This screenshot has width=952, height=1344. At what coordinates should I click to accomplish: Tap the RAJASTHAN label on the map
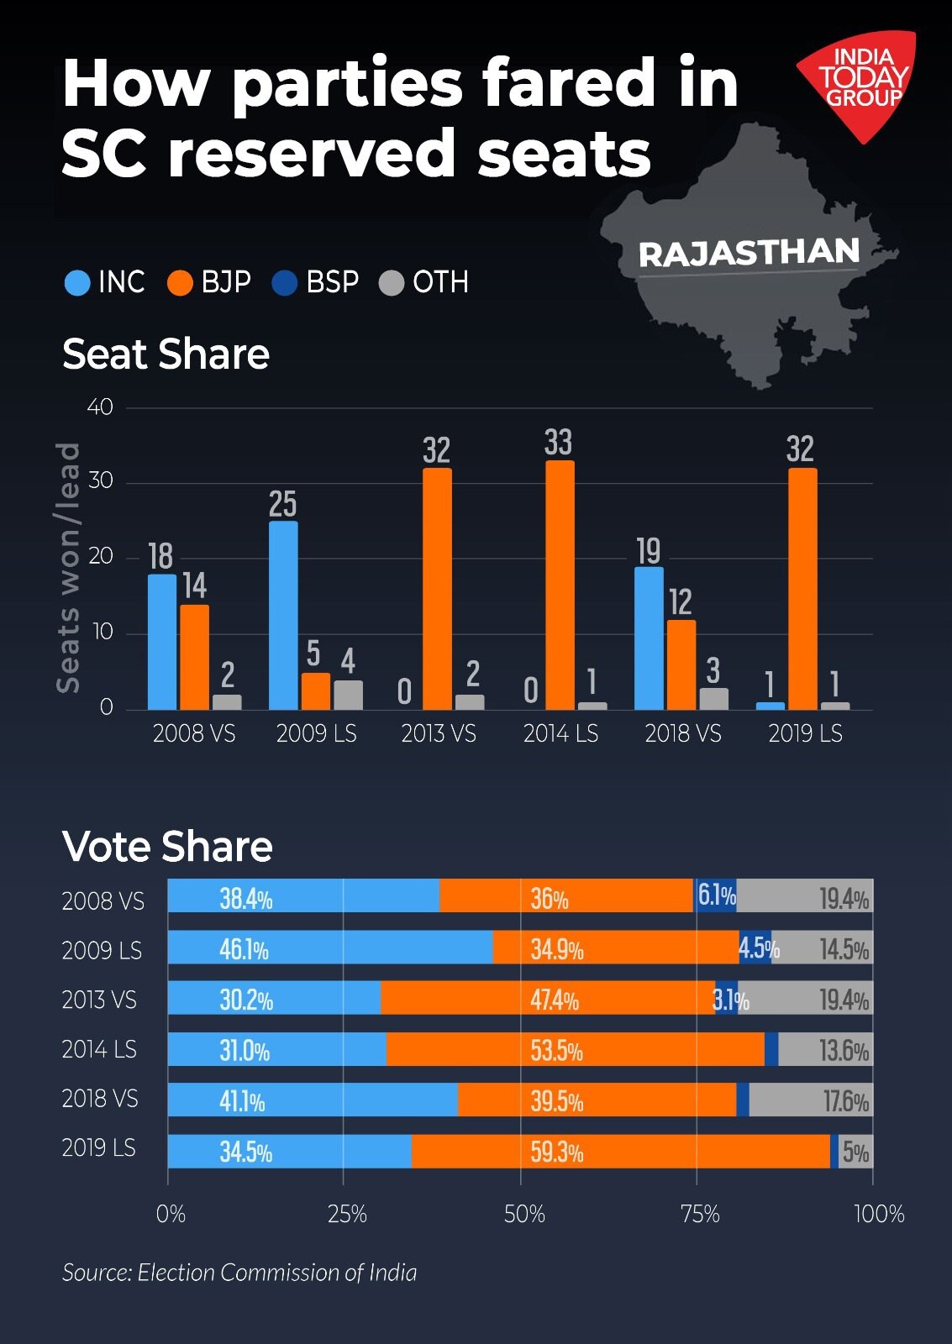click(x=749, y=253)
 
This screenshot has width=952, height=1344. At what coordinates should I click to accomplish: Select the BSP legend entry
click(x=317, y=282)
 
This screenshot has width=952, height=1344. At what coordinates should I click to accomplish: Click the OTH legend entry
click(x=424, y=282)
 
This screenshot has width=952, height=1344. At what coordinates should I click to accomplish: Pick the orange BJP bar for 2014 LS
click(x=560, y=585)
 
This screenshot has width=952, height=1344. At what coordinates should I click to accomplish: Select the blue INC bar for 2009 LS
click(x=283, y=615)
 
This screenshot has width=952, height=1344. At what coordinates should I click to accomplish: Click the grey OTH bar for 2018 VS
click(x=713, y=699)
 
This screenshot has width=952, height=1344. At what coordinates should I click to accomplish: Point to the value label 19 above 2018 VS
click(x=648, y=552)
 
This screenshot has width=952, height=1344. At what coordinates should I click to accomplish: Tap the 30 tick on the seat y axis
click(x=100, y=480)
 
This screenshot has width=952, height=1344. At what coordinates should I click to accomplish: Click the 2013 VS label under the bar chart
click(x=438, y=734)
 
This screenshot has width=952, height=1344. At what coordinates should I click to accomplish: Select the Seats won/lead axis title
click(x=68, y=568)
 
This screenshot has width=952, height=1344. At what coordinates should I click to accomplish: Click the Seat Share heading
click(x=166, y=354)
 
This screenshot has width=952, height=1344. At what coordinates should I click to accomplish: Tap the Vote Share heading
click(x=167, y=846)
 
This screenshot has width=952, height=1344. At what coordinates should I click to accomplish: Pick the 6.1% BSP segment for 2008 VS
click(x=715, y=895)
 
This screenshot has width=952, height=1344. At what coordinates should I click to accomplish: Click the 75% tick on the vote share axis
click(x=699, y=1214)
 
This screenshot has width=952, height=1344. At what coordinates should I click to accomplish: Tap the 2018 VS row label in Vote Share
click(x=99, y=1099)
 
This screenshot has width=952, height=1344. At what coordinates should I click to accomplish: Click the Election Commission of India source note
click(x=239, y=1273)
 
